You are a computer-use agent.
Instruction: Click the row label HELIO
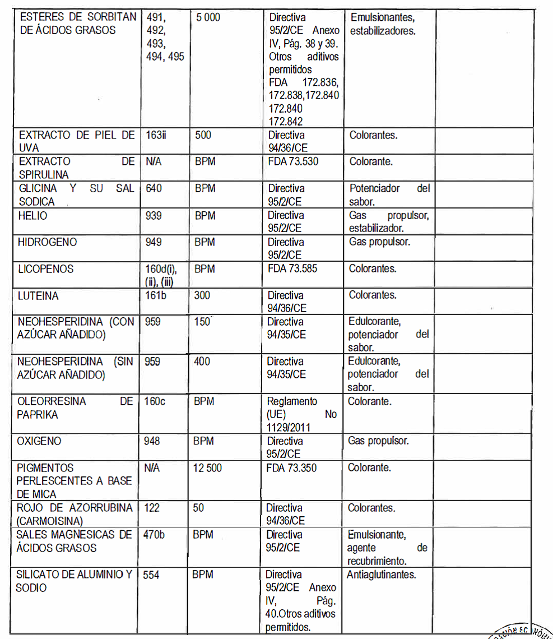[32, 215]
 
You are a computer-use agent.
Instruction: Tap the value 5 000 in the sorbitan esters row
[208, 17]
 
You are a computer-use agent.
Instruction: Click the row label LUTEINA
[38, 295]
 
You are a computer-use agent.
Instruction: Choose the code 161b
[156, 295]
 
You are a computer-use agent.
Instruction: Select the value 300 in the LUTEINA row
[202, 295]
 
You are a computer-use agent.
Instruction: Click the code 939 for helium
[154, 215]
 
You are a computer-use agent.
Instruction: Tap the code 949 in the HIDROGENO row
[154, 242]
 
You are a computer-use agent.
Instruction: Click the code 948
[152, 441]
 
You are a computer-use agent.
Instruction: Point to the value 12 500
[207, 468]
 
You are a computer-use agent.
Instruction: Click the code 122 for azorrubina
[151, 508]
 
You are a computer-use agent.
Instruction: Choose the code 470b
[154, 535]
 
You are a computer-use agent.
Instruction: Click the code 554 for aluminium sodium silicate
[151, 575]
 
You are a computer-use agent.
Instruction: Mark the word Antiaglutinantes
[381, 575]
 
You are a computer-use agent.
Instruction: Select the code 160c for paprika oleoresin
[155, 402]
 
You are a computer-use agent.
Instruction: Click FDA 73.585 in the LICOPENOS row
[292, 269]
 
